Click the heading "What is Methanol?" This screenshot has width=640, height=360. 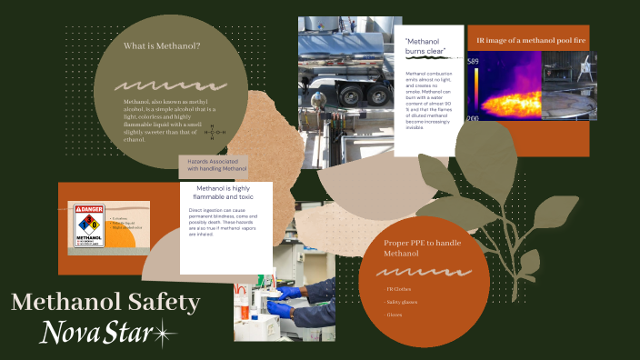[x=162, y=46]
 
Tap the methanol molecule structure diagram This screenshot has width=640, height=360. [x=215, y=132]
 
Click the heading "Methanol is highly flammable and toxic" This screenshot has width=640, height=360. [x=227, y=193]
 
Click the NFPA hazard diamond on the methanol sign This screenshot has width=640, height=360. [x=89, y=223]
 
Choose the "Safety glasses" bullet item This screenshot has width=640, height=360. [x=403, y=302]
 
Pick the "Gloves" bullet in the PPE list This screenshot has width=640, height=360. [x=395, y=315]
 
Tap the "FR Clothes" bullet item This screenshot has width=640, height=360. [x=398, y=289]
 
